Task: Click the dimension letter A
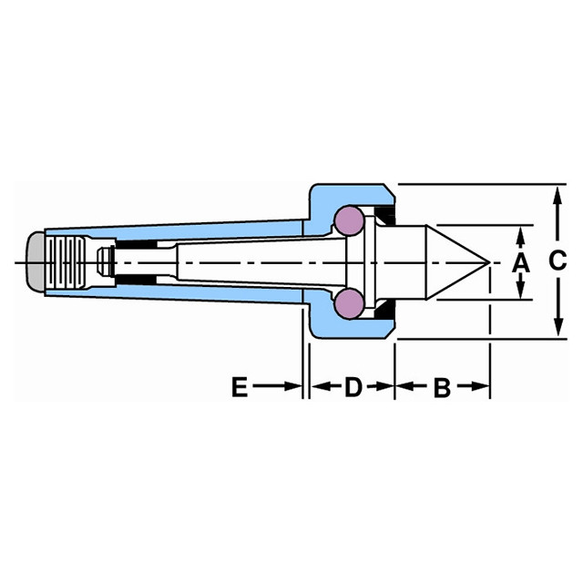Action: [519, 263]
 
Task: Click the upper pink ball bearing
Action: [348, 220]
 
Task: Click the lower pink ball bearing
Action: [348, 302]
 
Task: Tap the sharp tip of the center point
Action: [489, 263]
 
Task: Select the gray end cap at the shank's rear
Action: [33, 262]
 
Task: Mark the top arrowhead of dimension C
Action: [557, 192]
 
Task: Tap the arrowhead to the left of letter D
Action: [319, 387]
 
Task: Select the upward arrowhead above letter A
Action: [519, 234]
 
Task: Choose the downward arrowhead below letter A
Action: [519, 291]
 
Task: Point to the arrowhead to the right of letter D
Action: [386, 387]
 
